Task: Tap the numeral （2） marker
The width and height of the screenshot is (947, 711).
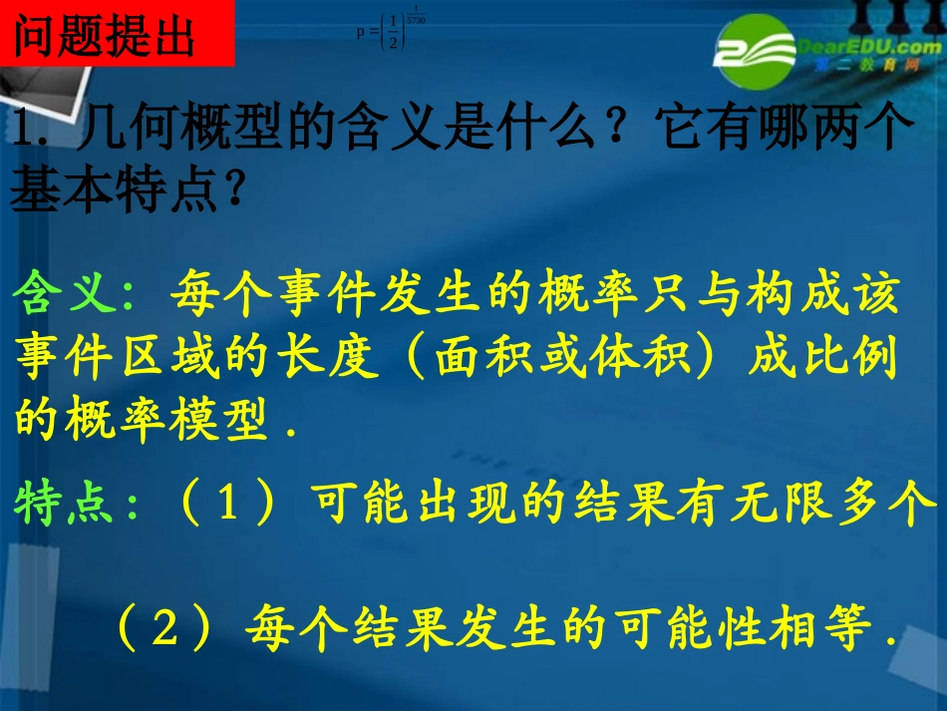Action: pos(165,627)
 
